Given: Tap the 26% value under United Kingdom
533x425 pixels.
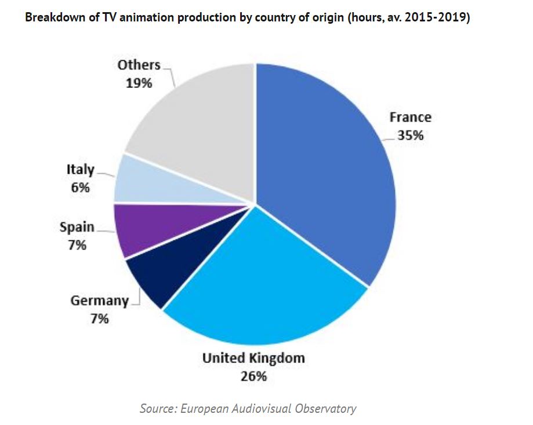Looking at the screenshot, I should tap(253, 376).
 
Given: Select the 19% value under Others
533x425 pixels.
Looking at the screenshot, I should tap(139, 83).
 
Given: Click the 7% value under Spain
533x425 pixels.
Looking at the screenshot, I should tap(77, 245).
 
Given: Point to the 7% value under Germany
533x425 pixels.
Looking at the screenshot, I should tap(99, 318).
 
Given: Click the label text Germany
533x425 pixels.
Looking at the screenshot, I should tap(99, 301).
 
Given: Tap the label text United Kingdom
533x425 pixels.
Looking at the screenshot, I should tap(253, 358).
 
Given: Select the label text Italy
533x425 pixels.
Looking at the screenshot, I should tap(80, 170).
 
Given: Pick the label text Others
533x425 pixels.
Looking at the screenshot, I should tap(139, 65).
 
